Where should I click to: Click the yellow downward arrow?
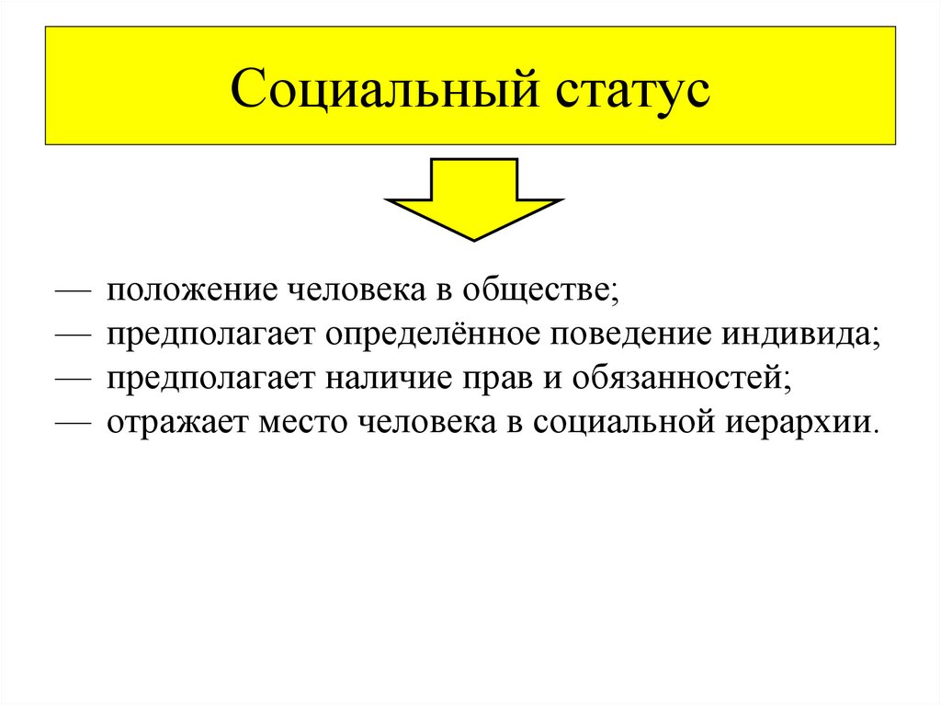click(472, 199)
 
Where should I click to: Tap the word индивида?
click(799, 335)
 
